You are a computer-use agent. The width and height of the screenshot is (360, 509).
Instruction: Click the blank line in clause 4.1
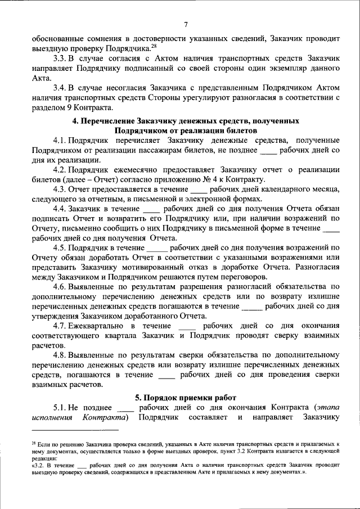pos(269,151)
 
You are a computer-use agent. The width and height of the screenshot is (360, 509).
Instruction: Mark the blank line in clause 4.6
pos(251,307)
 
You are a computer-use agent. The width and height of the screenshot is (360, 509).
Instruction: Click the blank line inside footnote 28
pos(83,467)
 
